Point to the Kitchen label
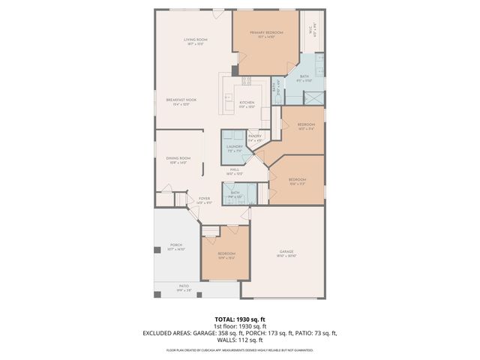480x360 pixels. pos(247,102)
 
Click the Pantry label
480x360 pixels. pos(254,136)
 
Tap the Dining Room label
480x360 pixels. pos(178,158)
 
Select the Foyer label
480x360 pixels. pos(204,199)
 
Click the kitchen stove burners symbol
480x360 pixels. pos(246,80)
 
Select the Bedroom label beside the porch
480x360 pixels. pos(226,253)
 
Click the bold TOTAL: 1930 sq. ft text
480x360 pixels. pos(239,319)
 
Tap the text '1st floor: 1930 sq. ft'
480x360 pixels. pos(239,326)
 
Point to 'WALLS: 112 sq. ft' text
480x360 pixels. pos(239,339)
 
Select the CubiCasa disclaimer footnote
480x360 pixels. pos(239,349)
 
